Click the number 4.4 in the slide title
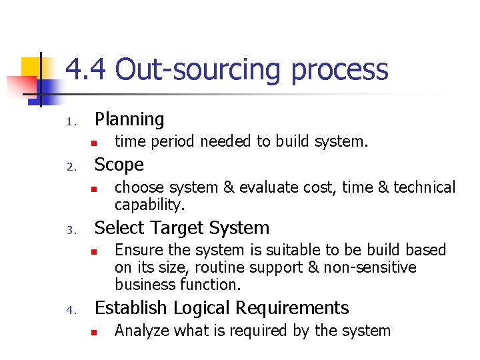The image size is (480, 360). (x=85, y=70)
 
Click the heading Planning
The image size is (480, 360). (x=129, y=119)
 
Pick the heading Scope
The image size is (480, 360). (x=119, y=165)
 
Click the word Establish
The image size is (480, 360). (x=131, y=307)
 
